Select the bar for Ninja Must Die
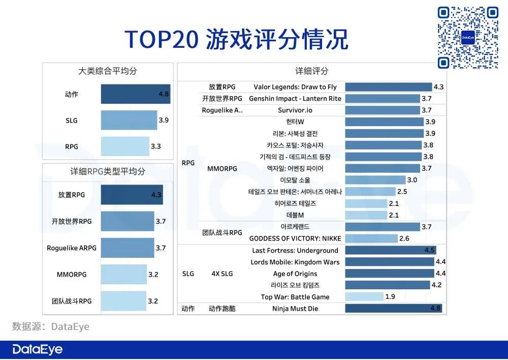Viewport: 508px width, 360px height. pyautogui.click(x=393, y=309)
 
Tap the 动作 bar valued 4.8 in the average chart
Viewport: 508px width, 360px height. pyautogui.click(x=135, y=95)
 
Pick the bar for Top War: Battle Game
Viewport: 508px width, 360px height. pyautogui.click(x=364, y=297)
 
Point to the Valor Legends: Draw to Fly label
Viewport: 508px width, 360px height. pyautogui.click(x=295, y=87)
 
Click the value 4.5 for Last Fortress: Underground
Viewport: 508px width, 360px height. pyautogui.click(x=430, y=250)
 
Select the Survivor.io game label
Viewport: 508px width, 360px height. pyautogui.click(x=295, y=110)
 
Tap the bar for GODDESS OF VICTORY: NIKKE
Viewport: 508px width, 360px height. pyautogui.click(x=371, y=238)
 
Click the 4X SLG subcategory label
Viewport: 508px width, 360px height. pyautogui.click(x=222, y=274)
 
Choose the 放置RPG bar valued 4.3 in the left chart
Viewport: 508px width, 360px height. pyautogui.click(x=132, y=195)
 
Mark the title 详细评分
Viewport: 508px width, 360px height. pyautogui.click(x=312, y=71)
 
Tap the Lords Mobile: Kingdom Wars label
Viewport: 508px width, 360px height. pyautogui.click(x=295, y=262)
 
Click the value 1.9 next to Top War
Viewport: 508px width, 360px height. pyautogui.click(x=390, y=297)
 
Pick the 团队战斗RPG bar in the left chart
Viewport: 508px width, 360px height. pyautogui.click(x=123, y=301)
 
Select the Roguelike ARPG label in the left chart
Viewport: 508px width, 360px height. pyautogui.click(x=72, y=248)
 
